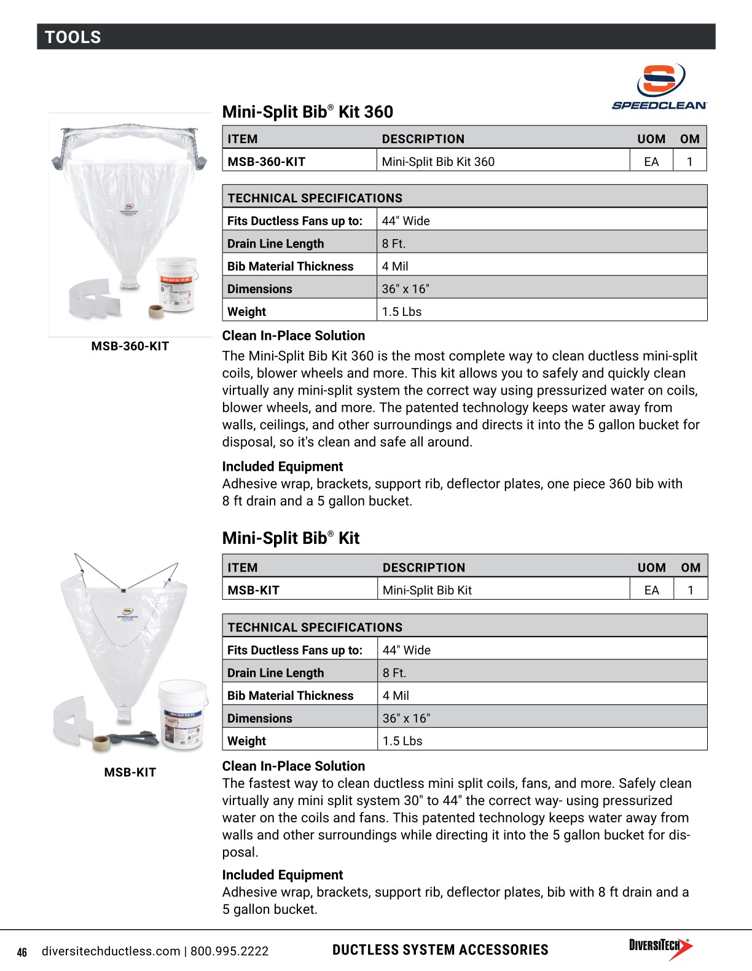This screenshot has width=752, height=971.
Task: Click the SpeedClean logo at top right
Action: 660,87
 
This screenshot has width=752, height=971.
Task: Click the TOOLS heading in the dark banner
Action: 72,37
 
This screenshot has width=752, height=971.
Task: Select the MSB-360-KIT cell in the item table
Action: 266,162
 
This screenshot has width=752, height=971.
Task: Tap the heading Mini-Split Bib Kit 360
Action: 307,112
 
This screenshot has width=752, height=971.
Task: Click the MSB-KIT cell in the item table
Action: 253,590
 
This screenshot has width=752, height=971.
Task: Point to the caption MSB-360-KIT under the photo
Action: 130,346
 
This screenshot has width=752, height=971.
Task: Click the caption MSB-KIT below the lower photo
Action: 130,772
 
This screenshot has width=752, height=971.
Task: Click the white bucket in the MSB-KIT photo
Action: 182,714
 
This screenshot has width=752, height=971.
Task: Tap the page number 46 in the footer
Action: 22,952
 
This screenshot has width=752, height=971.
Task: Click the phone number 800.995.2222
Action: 229,951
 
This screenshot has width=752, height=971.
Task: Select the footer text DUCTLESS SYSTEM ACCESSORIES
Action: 440,950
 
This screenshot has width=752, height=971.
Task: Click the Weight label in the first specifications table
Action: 246,312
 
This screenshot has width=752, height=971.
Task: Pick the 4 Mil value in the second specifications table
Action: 396,696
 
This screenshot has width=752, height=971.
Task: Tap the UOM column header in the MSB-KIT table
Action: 651,568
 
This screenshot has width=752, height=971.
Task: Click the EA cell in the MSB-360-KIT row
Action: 651,162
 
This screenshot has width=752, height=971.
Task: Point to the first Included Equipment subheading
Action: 282,466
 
